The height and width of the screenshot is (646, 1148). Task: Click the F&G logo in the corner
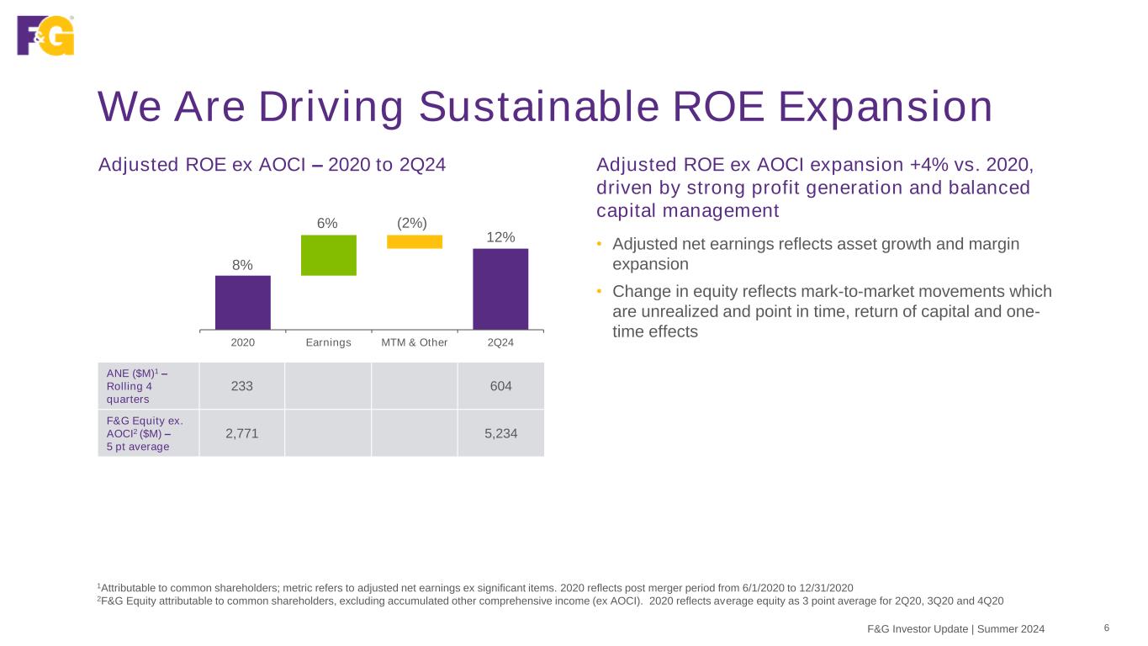[x=45, y=35]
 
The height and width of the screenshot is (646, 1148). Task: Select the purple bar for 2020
[x=243, y=302]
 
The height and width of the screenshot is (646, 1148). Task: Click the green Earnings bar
[x=329, y=255]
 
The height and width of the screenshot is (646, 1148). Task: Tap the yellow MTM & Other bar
[x=415, y=241]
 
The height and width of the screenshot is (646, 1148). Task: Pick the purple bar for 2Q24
[x=500, y=289]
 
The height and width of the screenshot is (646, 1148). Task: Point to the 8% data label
[x=243, y=265]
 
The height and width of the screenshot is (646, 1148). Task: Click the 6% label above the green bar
[x=327, y=223]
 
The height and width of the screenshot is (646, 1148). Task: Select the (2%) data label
[x=412, y=223]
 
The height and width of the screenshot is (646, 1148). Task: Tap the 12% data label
[x=500, y=237]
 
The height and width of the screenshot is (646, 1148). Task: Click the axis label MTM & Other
[x=415, y=343]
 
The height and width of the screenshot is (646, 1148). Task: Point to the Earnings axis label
[x=329, y=343]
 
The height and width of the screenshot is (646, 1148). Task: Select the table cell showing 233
[x=242, y=386]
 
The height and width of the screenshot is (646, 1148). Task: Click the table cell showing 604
[x=501, y=386]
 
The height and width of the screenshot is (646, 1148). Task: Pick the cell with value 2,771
[x=242, y=433]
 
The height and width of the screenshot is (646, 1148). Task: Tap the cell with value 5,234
[x=501, y=433]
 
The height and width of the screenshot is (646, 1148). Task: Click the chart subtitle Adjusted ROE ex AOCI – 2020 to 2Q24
[x=272, y=164]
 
